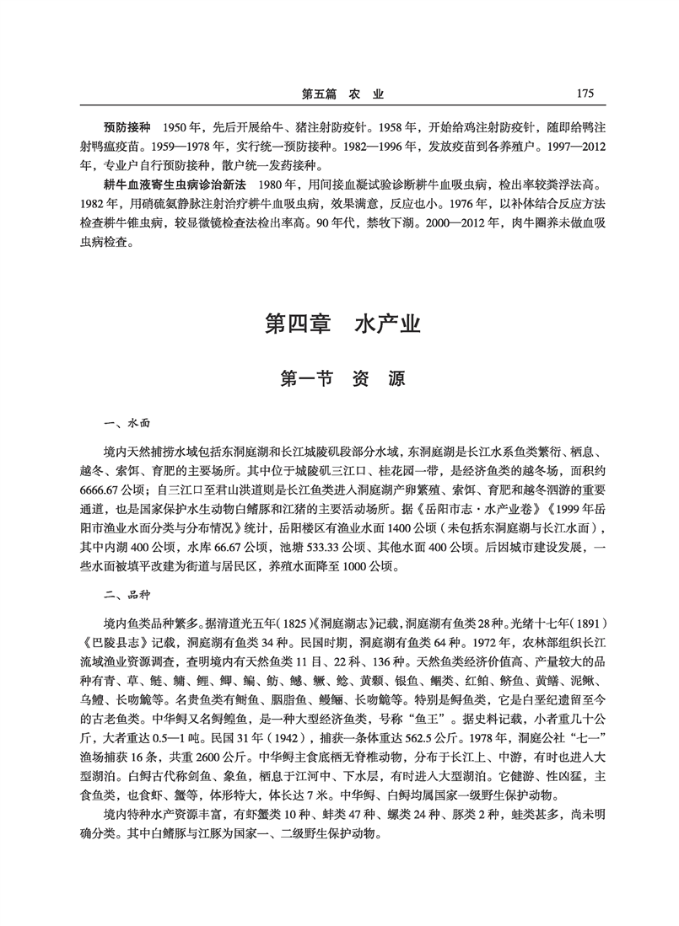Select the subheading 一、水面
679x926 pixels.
tap(126, 425)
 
